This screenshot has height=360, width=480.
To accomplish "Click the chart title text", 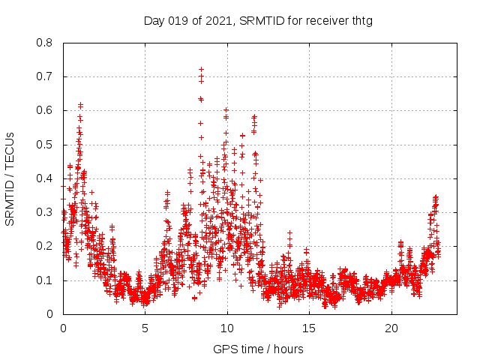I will pyautogui.click(x=258, y=21).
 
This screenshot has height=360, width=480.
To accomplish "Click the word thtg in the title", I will pyautogui.click(x=361, y=21).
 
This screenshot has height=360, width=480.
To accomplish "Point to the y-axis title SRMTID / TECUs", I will pyautogui.click(x=10, y=178).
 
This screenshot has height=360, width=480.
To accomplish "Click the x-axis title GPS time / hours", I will pyautogui.click(x=258, y=349).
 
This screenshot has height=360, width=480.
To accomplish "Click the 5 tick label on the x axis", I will pyautogui.click(x=145, y=328).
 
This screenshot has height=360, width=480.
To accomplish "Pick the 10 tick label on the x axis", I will pyautogui.click(x=227, y=328).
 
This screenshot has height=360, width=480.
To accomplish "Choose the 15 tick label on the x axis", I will pyautogui.click(x=310, y=328).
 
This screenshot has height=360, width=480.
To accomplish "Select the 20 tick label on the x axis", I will pyautogui.click(x=391, y=328).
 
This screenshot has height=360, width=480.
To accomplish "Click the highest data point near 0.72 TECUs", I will pyautogui.click(x=201, y=70).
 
